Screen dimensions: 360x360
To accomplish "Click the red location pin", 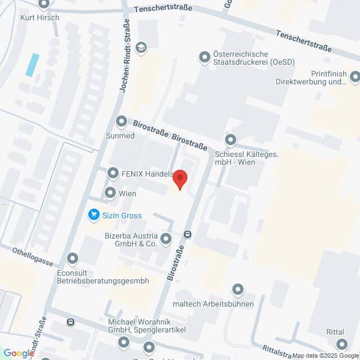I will click(180, 179).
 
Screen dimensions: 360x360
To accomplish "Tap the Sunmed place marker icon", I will click(121, 121).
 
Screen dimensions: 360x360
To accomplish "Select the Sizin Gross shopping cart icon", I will click(93, 214).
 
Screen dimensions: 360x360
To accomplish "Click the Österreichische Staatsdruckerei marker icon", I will click(205, 57).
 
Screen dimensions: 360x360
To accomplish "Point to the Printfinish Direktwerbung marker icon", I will click(354, 76).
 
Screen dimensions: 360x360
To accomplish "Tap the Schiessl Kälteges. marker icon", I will click(230, 139).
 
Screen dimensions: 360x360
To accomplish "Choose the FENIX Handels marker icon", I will click(113, 173).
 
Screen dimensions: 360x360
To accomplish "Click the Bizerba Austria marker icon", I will click(165, 240).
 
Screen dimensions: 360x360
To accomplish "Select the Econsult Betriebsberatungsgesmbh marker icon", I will click(72, 259).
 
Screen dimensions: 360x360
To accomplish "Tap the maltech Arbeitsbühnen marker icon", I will click(238, 290).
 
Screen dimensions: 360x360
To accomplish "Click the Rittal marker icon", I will click(341, 344).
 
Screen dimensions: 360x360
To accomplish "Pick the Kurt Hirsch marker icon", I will click(44, 4).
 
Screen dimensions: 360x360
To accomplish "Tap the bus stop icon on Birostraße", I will click(188, 235).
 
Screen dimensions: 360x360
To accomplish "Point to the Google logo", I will click(19, 353).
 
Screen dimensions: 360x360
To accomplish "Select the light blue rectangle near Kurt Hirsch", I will click(33, 65).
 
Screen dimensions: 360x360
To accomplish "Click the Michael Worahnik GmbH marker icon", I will click(124, 341).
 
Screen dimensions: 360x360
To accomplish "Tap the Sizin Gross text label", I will click(122, 215).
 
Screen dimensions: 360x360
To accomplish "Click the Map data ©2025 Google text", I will click(334, 355).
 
